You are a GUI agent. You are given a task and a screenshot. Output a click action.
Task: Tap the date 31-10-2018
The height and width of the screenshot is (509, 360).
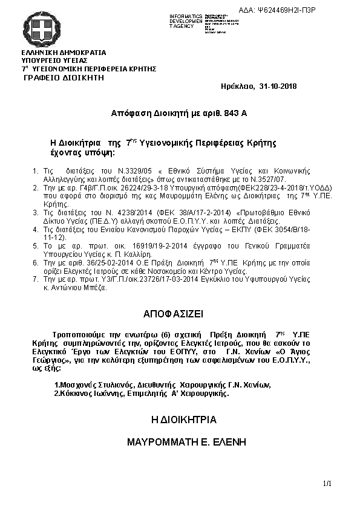pyautogui.click(x=277, y=86)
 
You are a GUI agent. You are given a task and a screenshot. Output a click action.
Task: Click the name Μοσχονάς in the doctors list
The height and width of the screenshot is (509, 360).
pyautogui.click(x=74, y=385)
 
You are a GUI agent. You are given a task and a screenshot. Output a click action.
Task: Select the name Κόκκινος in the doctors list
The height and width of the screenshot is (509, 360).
pyautogui.click(x=74, y=393)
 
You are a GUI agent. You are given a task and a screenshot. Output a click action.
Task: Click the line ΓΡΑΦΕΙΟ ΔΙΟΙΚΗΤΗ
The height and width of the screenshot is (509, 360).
pyautogui.click(x=64, y=79)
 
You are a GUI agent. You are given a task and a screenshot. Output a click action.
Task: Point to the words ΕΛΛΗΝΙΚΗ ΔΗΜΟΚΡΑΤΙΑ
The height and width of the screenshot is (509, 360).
pyautogui.click(x=64, y=53)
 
